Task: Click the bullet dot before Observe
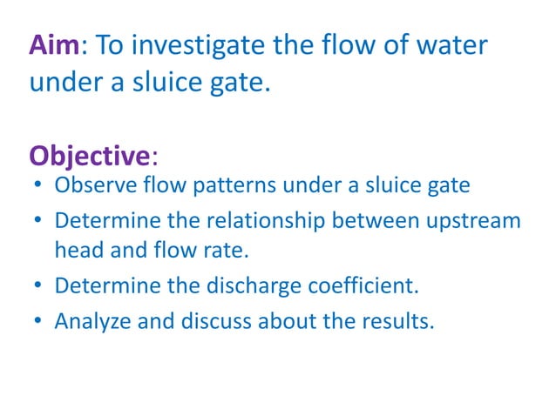point(37,187)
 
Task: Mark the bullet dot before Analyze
point(37,321)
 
